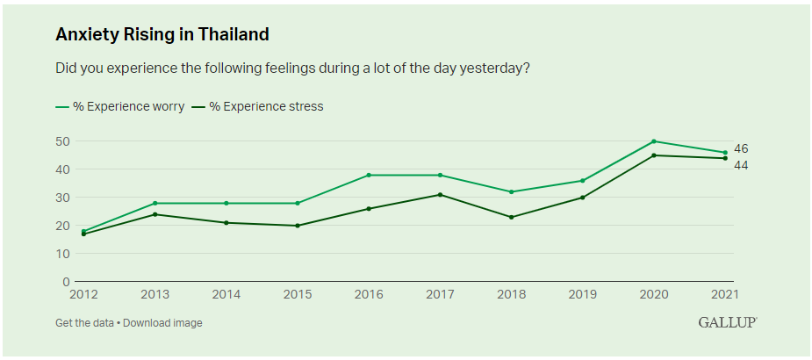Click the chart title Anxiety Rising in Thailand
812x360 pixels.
(162, 35)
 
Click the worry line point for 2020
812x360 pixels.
(654, 141)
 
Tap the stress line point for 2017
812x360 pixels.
(440, 195)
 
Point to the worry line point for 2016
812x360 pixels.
(369, 175)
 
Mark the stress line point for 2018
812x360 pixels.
(511, 217)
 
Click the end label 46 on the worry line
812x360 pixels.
(741, 149)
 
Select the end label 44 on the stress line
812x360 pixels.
(741, 165)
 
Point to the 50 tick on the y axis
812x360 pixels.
(63, 141)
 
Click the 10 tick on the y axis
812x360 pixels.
(63, 254)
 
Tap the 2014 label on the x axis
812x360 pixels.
(226, 294)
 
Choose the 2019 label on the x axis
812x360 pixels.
(582, 294)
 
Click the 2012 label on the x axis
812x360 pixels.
(84, 294)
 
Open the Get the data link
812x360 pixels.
(84, 323)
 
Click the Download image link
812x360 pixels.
(162, 323)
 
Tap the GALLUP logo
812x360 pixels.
(727, 322)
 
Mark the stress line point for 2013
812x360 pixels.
(155, 214)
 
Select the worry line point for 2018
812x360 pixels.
(511, 191)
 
